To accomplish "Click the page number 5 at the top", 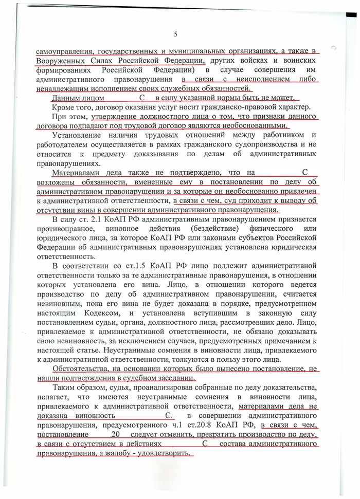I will point(176,34).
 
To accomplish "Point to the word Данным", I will point(67,98).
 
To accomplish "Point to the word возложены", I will point(60,182).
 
